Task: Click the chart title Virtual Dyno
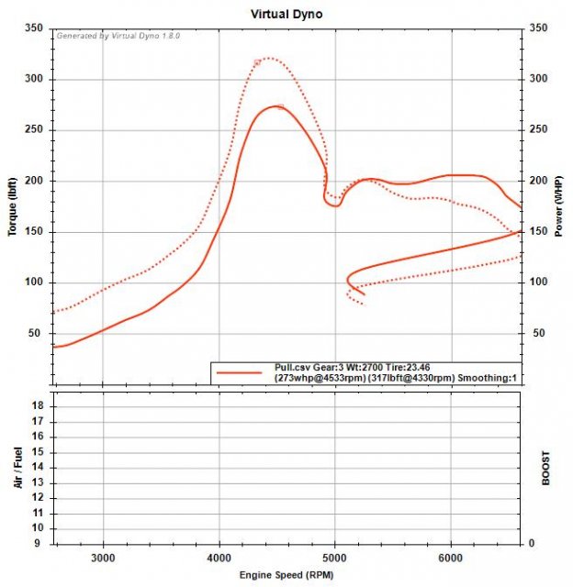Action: pos(286,15)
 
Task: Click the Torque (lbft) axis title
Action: pos(14,205)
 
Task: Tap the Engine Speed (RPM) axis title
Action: pos(286,575)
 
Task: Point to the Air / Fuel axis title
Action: pos(17,471)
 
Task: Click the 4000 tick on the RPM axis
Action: pos(219,558)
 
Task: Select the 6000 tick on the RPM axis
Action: pos(451,558)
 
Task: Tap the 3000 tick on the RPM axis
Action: pos(103,558)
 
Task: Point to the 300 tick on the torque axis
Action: pos(36,80)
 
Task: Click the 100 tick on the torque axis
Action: pos(36,282)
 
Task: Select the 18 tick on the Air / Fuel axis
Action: pos(39,404)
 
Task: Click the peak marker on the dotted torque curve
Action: pos(258,62)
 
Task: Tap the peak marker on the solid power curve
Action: pos(281,107)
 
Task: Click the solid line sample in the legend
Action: pos(242,372)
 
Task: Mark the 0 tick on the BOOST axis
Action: pos(531,543)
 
